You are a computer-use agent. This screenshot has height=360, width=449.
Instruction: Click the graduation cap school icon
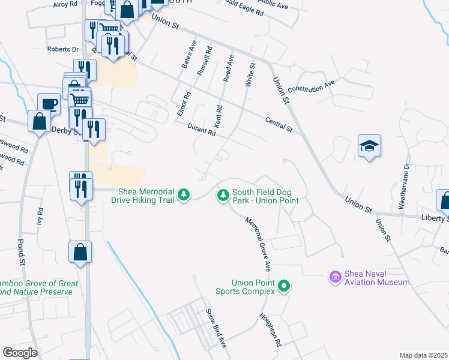pyautogui.click(x=370, y=146)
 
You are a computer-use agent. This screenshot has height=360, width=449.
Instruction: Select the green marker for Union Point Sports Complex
pyautogui.click(x=285, y=287)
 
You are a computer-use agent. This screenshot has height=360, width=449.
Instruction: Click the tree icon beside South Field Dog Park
pyautogui.click(x=223, y=194)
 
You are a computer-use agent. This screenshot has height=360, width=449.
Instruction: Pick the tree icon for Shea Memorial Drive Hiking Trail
pyautogui.click(x=185, y=194)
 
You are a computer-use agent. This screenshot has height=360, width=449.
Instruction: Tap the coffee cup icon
pyautogui.click(x=49, y=104)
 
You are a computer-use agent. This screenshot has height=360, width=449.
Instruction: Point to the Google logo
pyautogui.click(x=20, y=352)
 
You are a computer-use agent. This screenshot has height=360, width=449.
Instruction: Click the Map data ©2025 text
pyautogui.click(x=423, y=355)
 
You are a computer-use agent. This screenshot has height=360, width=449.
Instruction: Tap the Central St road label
pyautogui.click(x=279, y=125)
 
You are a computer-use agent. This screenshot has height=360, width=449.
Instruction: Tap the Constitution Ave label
pyautogui.click(x=310, y=87)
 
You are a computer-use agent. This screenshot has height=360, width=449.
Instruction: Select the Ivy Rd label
pyautogui.click(x=41, y=216)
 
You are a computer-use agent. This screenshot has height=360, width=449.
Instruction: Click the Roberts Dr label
pyautogui.click(x=63, y=49)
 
